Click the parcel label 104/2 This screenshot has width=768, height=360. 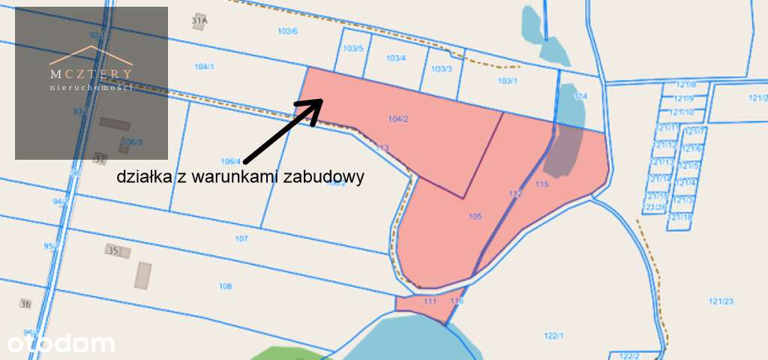398,118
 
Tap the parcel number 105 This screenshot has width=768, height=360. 474,217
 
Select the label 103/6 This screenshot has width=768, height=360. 287,31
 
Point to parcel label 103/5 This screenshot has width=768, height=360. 353,49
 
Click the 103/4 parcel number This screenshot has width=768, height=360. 396,58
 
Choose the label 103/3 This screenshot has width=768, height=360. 442,69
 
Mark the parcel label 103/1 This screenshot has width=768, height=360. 508,80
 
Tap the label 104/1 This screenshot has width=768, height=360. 204,67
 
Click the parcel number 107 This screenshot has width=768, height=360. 241,239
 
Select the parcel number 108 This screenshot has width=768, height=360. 225,286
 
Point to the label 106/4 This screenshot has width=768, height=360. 231,161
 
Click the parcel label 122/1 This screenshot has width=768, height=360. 553,335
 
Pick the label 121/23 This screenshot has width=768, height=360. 721,301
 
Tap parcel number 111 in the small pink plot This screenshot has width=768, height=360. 430,301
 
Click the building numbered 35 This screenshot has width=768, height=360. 114,250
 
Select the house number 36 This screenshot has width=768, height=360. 26,304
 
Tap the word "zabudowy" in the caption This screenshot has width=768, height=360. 330,178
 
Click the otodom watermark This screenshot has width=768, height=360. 61,343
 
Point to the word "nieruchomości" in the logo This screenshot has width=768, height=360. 91,88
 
